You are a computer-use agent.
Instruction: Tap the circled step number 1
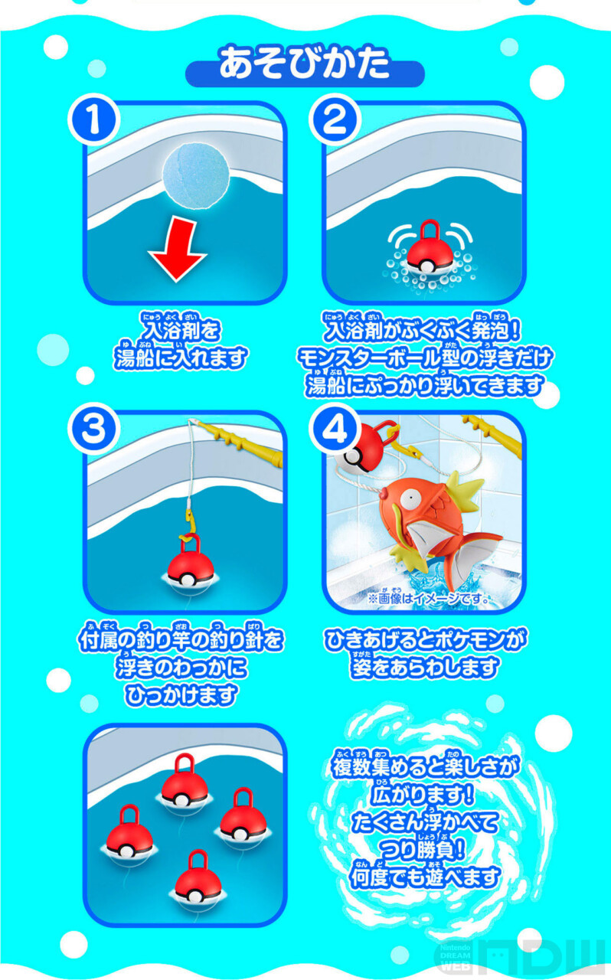click(x=94, y=119)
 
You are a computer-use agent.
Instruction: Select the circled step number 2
click(x=335, y=119)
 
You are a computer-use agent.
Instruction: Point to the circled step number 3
click(x=94, y=429)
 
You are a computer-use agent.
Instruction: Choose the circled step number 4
click(x=335, y=429)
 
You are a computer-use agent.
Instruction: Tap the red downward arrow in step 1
click(x=178, y=250)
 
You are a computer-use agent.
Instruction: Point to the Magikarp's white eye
click(x=410, y=498)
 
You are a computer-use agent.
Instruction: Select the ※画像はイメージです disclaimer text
click(x=429, y=599)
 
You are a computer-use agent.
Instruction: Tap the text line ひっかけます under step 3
click(x=181, y=695)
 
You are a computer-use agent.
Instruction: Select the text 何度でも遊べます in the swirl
click(x=425, y=877)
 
